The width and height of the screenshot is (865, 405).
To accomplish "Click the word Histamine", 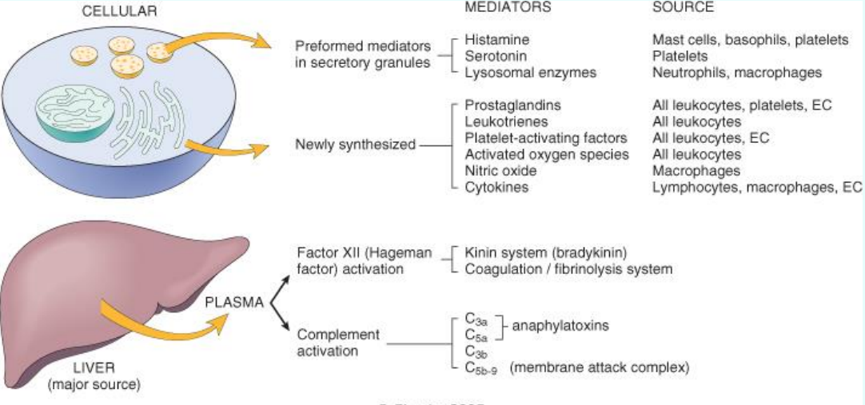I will (x=496, y=39).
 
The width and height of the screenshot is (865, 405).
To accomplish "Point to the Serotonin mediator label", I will (x=496, y=56).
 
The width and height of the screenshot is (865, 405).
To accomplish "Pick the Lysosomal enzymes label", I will (x=520, y=72).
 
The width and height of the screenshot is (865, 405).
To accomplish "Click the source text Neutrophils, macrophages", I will (x=736, y=72).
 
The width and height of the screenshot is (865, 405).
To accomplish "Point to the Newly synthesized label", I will (x=355, y=145).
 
